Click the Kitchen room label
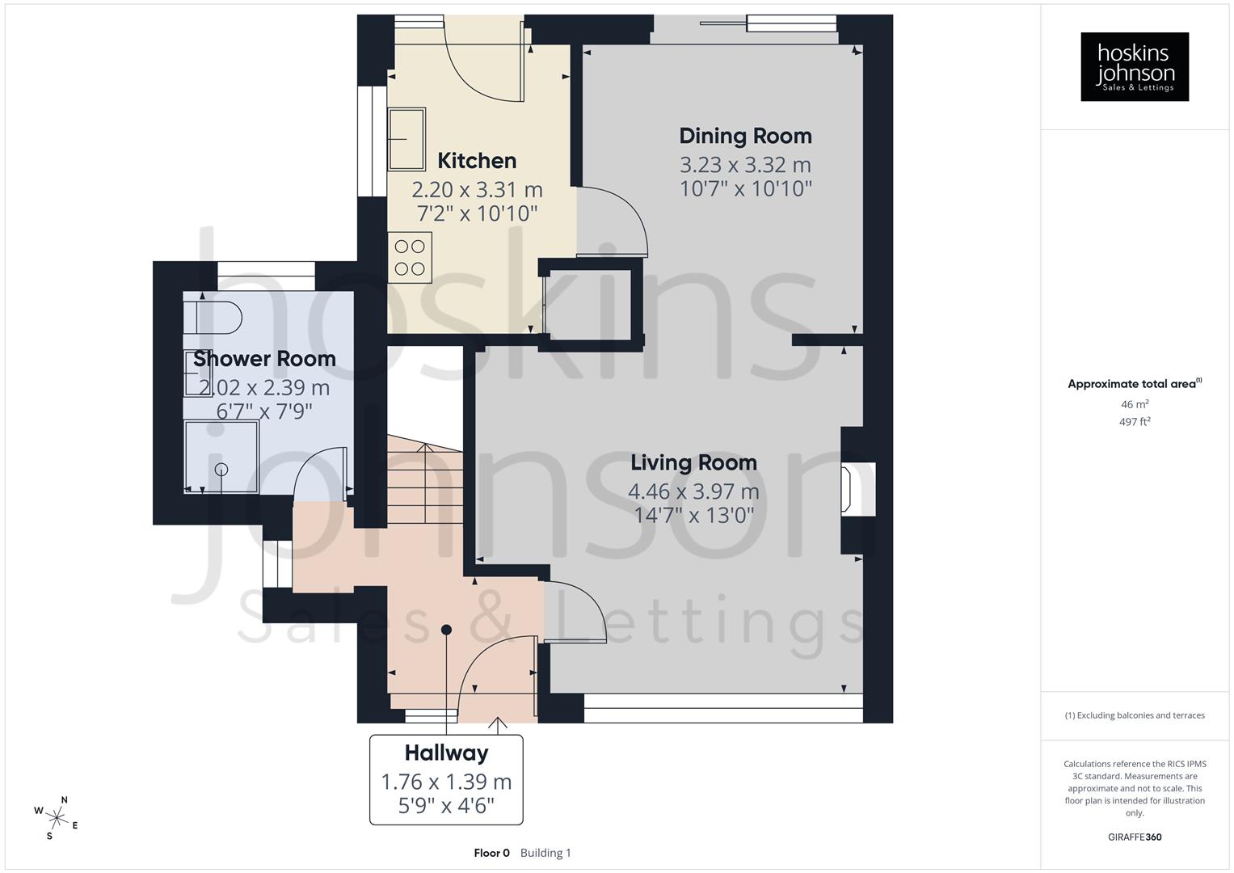point(477,161)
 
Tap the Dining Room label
point(745,136)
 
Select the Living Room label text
point(693,462)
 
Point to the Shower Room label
point(264,358)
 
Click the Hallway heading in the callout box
point(446,753)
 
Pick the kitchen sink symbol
point(406,139)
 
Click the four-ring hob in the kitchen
point(410,257)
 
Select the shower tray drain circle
point(221,469)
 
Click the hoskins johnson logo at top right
point(1135,66)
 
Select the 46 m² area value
point(1135,404)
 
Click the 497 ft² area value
point(1135,422)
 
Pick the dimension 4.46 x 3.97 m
point(693,491)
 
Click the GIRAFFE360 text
point(1135,837)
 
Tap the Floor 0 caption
point(491,853)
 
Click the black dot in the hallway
point(446,630)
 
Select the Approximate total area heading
point(1134,384)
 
